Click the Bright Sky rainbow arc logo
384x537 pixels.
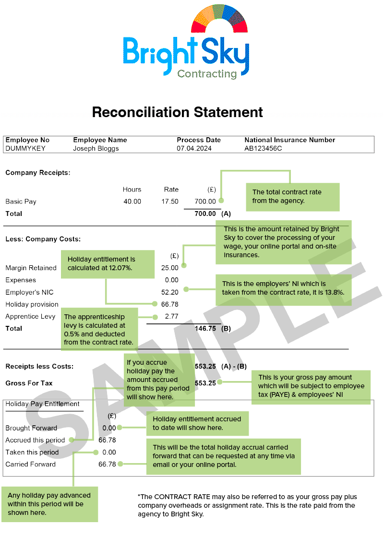219,14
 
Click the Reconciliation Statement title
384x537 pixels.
178,112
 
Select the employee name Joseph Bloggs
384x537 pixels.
96,148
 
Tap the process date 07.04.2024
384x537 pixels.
194,148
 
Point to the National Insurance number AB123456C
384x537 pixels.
263,148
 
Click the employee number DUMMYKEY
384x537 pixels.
25,148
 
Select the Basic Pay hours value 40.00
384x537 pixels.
132,202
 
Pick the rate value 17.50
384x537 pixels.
170,202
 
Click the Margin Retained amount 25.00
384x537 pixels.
170,268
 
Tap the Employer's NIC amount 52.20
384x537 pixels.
170,292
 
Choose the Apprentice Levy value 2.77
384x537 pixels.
172,316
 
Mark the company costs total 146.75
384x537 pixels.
205,328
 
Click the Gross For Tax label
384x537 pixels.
29,383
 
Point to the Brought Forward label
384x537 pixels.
31,428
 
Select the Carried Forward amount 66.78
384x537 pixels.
107,464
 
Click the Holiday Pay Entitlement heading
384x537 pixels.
42,404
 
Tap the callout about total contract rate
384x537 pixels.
293,197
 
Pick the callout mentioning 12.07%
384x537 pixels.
108,264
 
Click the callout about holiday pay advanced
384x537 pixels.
49,504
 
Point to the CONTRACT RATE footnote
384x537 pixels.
247,505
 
